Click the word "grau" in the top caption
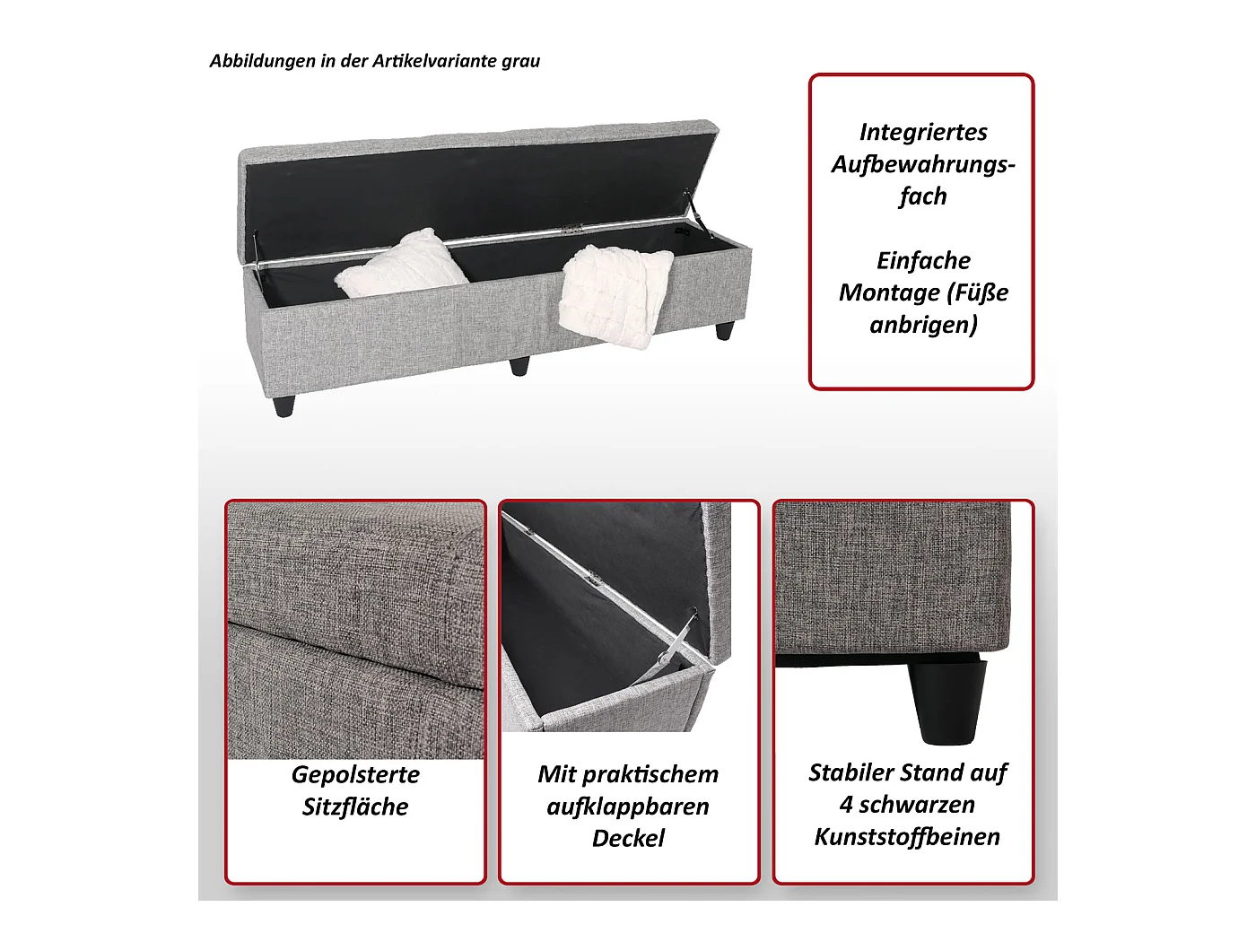pyautogui.click(x=520, y=62)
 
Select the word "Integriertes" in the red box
pyautogui.click(x=923, y=132)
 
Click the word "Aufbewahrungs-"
pyautogui.click(x=923, y=164)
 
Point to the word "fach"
pyautogui.click(x=922, y=196)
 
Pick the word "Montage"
pyautogui.click(x=890, y=292)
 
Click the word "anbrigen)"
pyautogui.click(x=923, y=325)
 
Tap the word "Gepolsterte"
pyautogui.click(x=355, y=775)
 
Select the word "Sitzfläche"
pyautogui.click(x=355, y=807)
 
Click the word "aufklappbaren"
pyautogui.click(x=628, y=807)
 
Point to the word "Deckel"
pyautogui.click(x=628, y=839)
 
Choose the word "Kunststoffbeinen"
pyautogui.click(x=907, y=837)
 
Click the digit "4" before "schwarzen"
pyautogui.click(x=846, y=805)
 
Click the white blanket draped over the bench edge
pyautogui.click(x=615, y=295)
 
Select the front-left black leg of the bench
pyautogui.click(x=283, y=405)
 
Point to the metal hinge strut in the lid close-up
pyautogui.click(x=679, y=645)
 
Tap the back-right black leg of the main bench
pyautogui.click(x=724, y=330)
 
